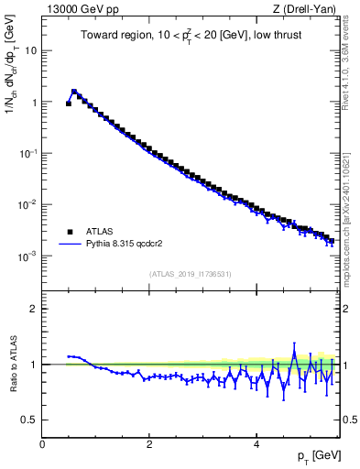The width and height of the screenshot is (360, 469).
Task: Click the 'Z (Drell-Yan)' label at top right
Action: coord(309,9)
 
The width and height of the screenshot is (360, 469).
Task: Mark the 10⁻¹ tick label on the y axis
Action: coord(29,153)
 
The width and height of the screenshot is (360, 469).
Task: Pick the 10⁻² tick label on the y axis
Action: coord(29,204)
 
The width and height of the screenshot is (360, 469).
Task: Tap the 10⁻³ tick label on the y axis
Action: coord(29,256)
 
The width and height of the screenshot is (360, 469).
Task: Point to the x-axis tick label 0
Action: coord(43,443)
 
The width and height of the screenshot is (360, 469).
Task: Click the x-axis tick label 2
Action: coord(149,443)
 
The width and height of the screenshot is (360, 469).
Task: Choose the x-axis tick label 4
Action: coord(256,443)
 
